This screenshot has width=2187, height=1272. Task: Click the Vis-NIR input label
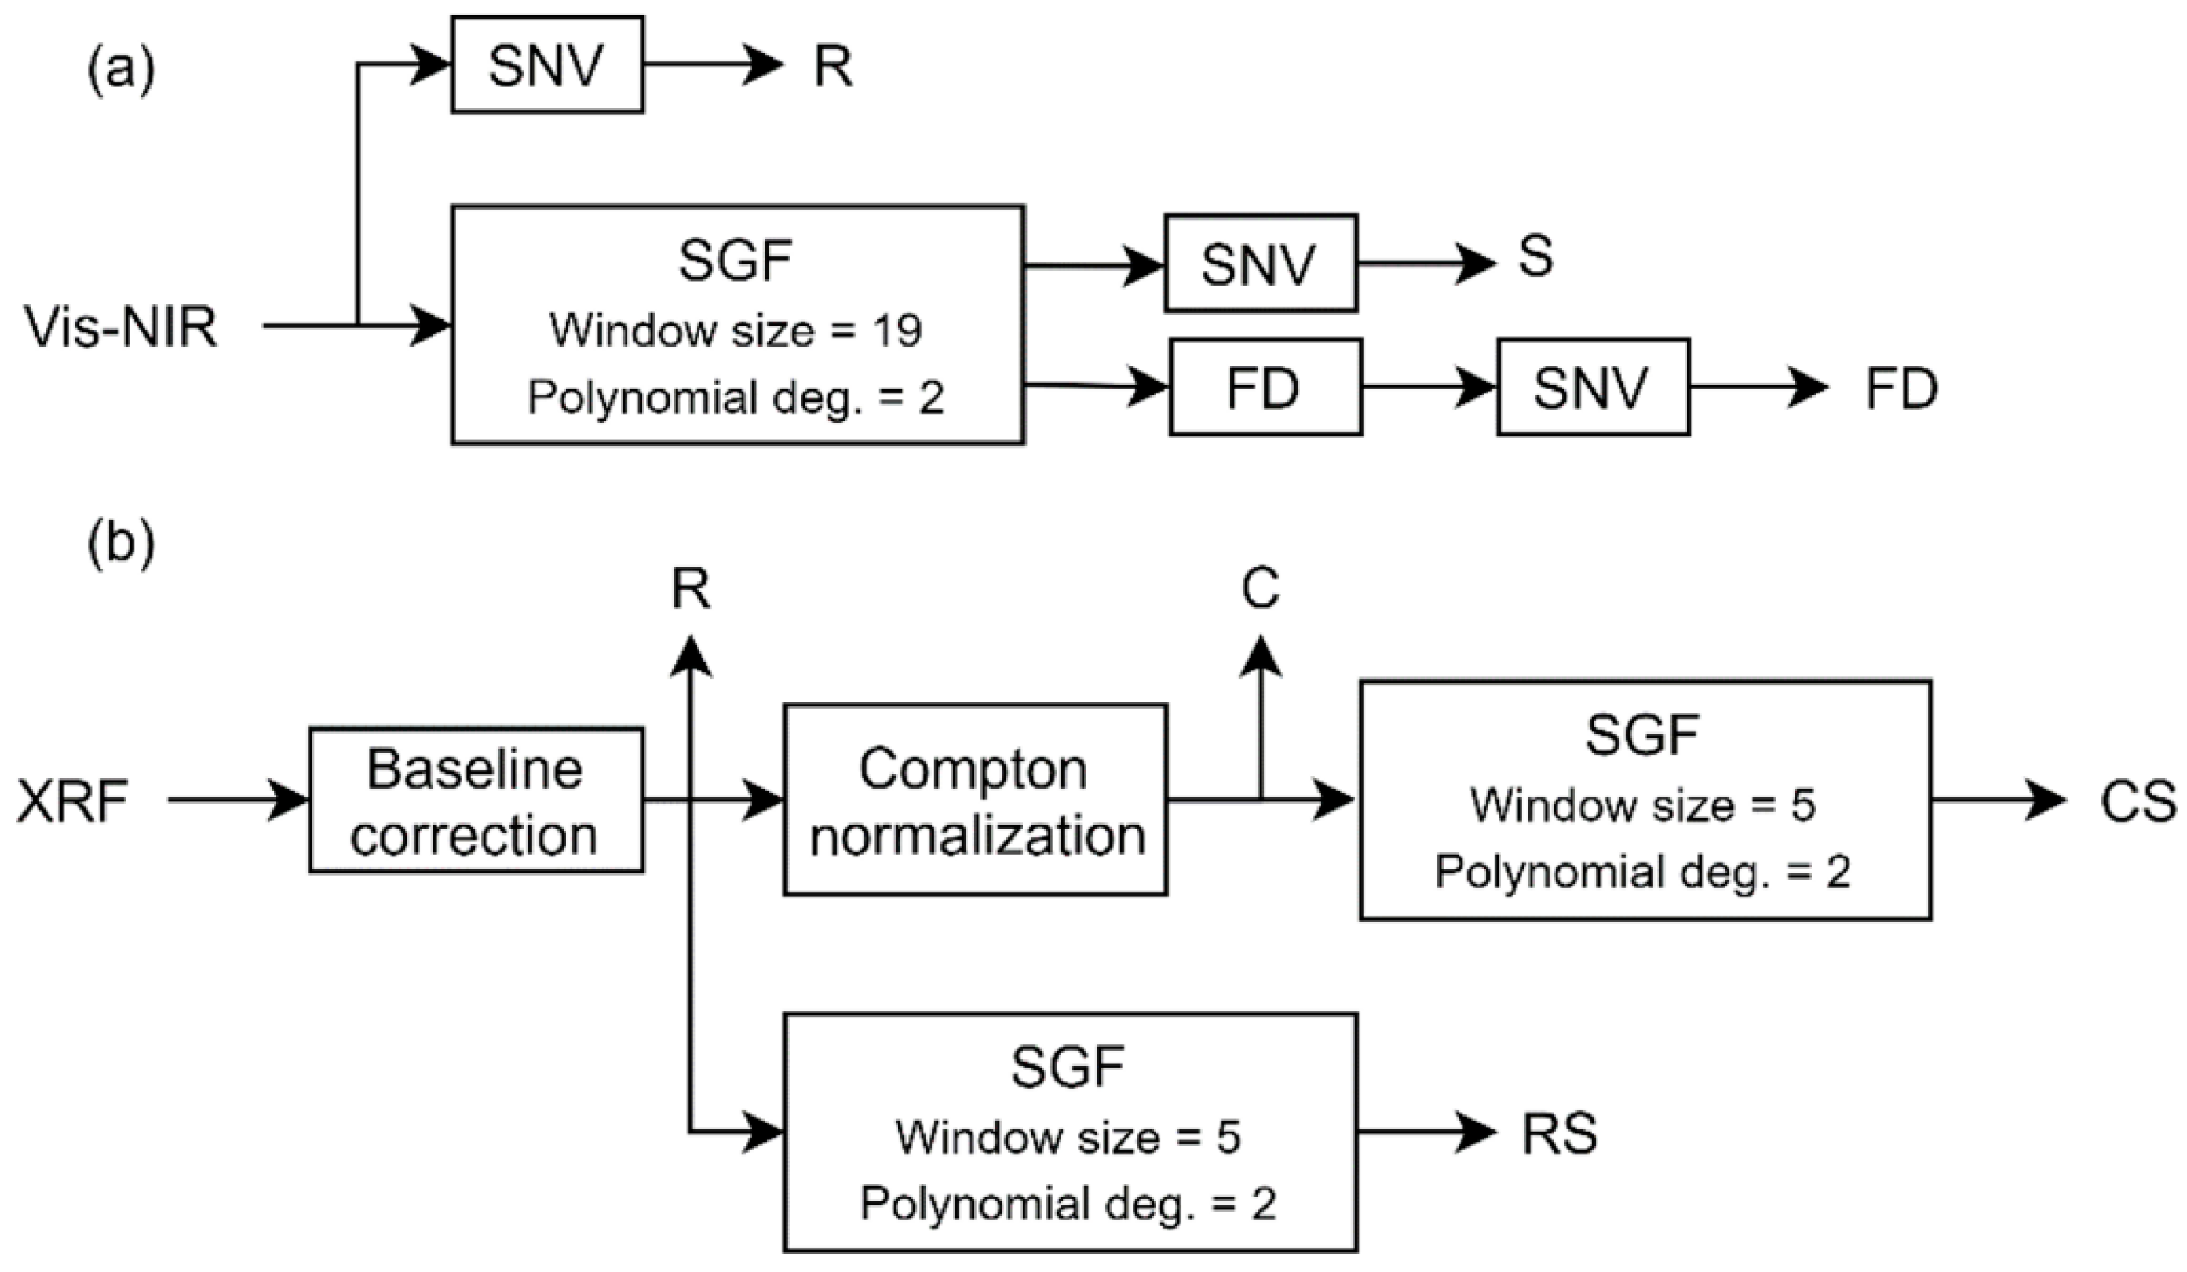[121, 328]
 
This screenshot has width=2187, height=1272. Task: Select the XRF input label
[73, 800]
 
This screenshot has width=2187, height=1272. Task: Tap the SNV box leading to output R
[546, 65]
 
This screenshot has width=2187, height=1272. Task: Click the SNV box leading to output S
[1260, 264]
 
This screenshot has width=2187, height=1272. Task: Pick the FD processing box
[1265, 388]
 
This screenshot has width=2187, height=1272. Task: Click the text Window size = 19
[736, 330]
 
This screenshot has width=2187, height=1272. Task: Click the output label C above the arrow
[1260, 589]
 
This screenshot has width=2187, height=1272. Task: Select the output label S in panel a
[1535, 257]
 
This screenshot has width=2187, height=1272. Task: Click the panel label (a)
[121, 68]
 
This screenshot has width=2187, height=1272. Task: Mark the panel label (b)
[121, 545]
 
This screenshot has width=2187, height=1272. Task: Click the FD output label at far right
[1901, 388]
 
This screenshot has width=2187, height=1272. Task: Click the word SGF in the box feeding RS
[1068, 1066]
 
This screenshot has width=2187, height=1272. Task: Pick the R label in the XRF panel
[691, 590]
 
